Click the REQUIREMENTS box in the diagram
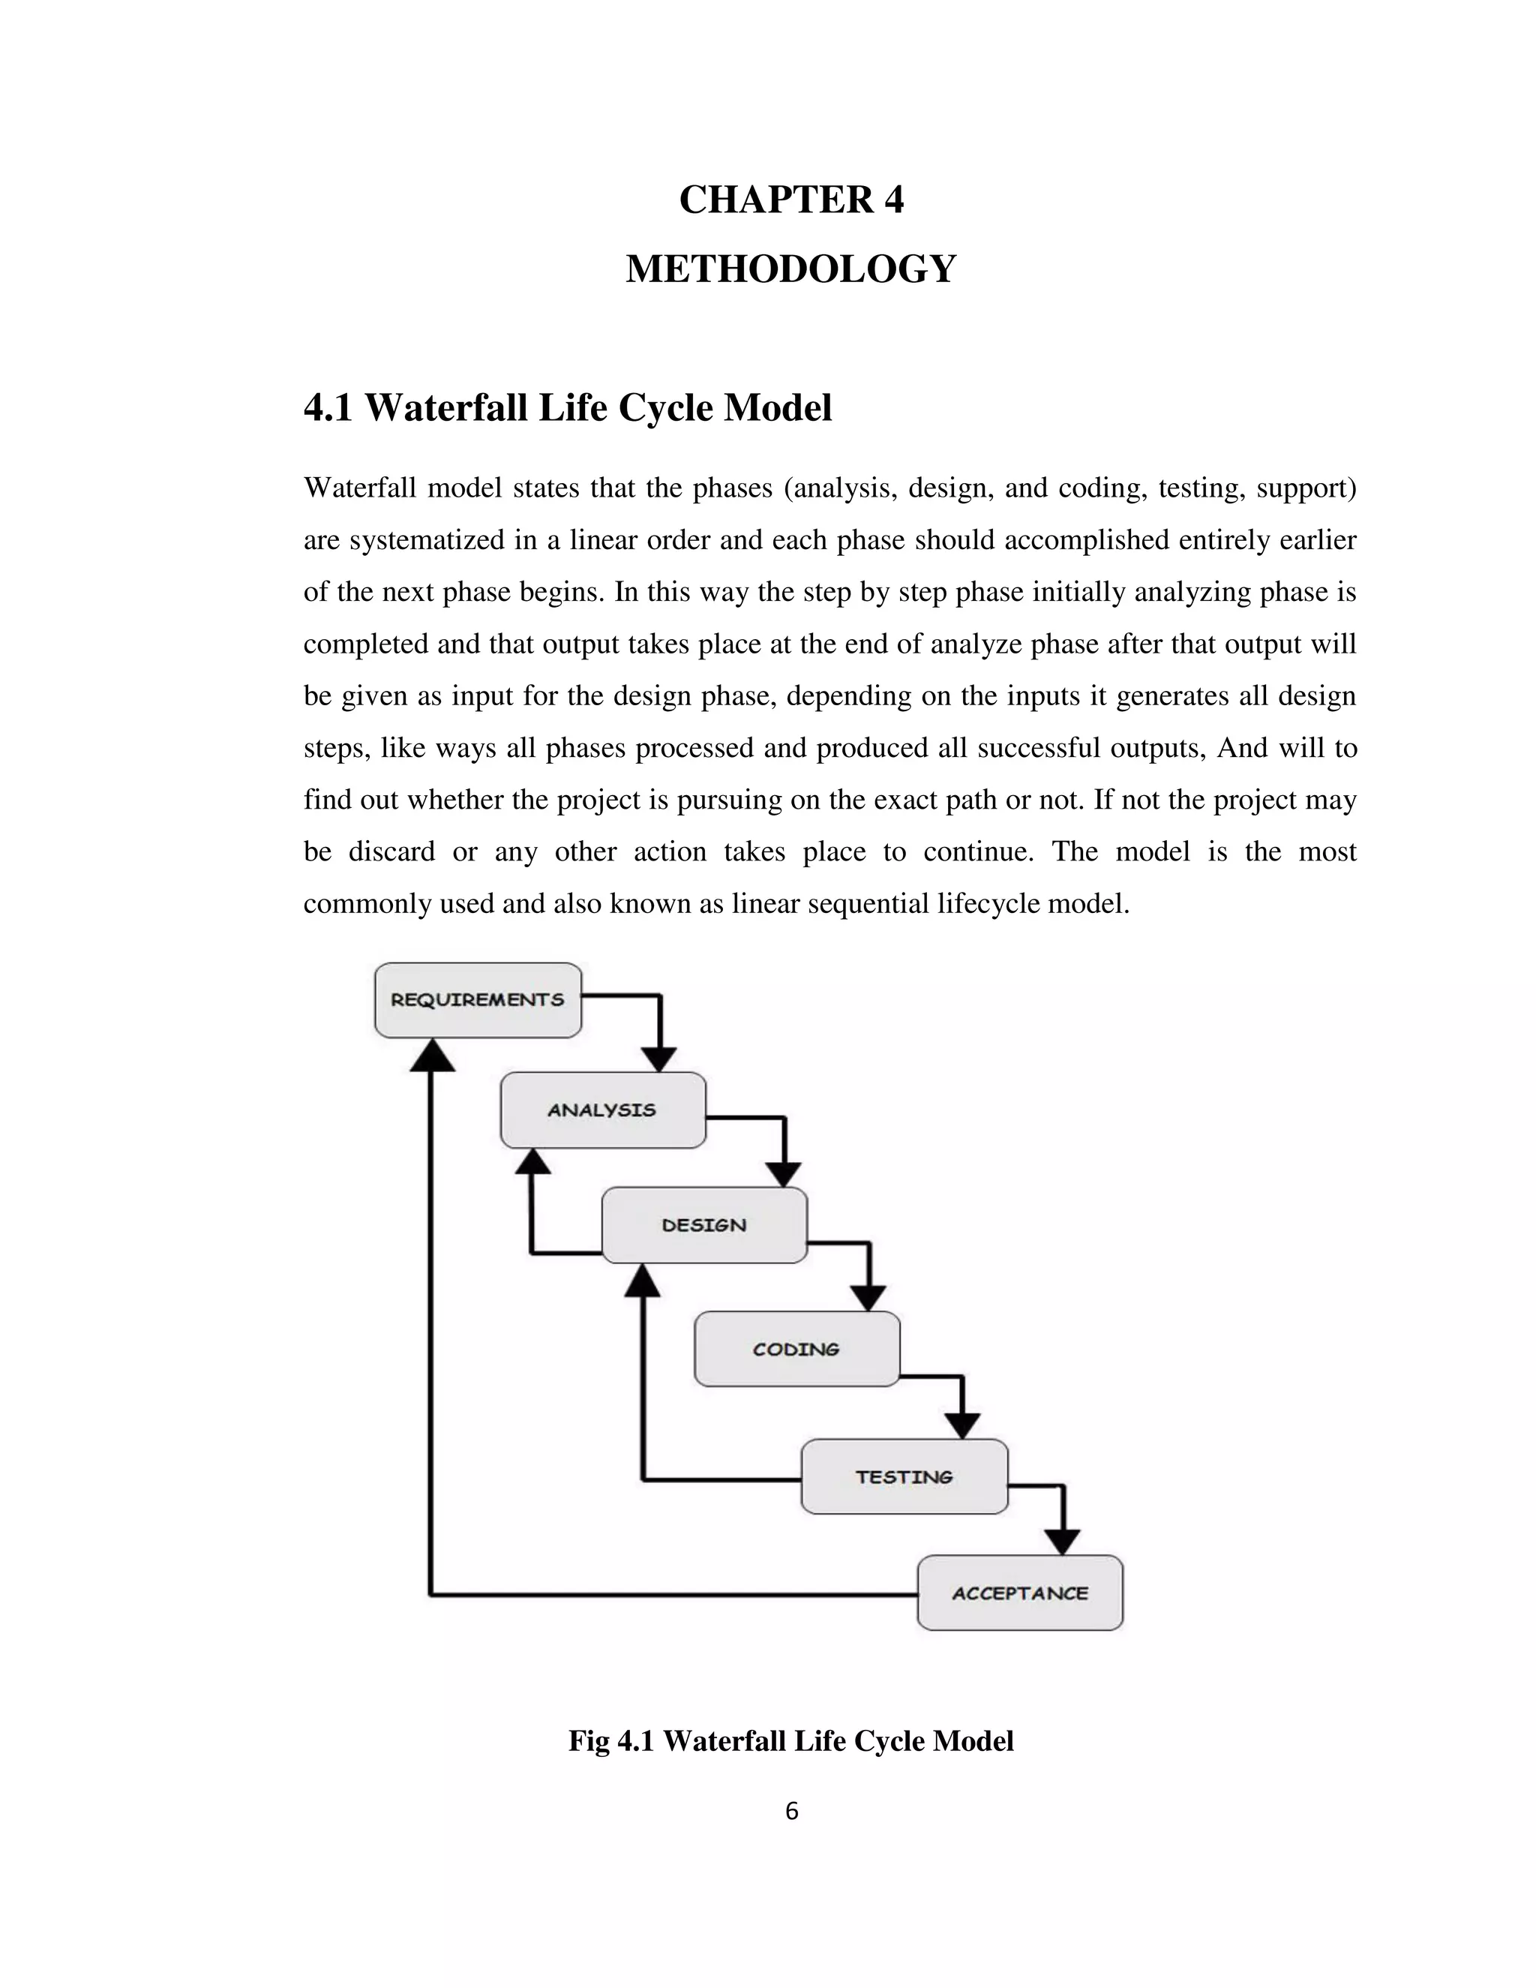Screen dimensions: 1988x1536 pyautogui.click(x=478, y=999)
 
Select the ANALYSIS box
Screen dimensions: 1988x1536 pyautogui.click(x=602, y=1110)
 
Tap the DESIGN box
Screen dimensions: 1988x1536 pyautogui.click(x=704, y=1224)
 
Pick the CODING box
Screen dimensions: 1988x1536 pyautogui.click(x=796, y=1349)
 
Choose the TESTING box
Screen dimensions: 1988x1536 pyautogui.click(x=904, y=1476)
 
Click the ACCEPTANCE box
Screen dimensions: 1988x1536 pyautogui.click(x=1019, y=1593)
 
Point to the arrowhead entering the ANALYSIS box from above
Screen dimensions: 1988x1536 pyautogui.click(x=658, y=1059)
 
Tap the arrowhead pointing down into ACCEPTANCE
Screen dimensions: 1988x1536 pyautogui.click(x=1062, y=1542)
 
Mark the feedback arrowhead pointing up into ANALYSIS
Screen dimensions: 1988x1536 pyautogui.click(x=533, y=1161)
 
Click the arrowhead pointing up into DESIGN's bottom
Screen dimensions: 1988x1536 pyautogui.click(x=643, y=1281)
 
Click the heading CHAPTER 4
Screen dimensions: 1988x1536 pyautogui.click(x=790, y=200)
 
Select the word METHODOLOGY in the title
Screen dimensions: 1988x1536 pyautogui.click(x=790, y=269)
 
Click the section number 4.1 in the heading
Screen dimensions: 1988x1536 pyautogui.click(x=328, y=408)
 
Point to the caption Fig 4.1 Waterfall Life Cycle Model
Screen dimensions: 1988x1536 pyautogui.click(x=790, y=1741)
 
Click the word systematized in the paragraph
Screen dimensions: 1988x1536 pyautogui.click(x=427, y=541)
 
